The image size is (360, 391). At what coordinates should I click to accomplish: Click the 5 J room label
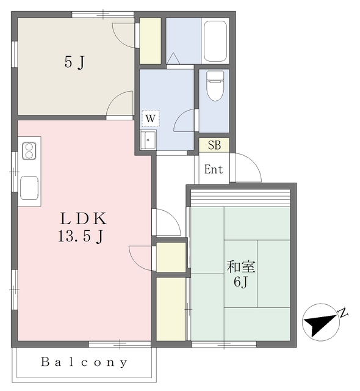74,62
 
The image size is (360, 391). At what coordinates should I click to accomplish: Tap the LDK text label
84,219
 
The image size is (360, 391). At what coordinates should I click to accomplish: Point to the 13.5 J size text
81,236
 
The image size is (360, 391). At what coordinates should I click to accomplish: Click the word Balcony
84,362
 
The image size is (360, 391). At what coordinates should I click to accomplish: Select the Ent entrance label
214,170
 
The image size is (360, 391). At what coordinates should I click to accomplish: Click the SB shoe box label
214,145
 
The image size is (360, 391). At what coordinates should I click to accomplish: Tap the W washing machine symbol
151,119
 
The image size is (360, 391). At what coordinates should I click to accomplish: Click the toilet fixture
215,86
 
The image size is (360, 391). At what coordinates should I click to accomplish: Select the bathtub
215,41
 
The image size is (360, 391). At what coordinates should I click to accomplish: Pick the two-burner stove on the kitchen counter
29,151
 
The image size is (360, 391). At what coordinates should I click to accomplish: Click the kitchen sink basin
29,188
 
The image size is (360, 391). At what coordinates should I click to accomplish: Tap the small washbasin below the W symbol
148,140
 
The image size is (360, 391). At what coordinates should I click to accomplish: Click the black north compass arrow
320,323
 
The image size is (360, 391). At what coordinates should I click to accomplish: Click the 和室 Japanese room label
241,266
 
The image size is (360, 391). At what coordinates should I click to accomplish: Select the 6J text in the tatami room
240,282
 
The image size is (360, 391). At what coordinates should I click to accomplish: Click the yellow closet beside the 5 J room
150,41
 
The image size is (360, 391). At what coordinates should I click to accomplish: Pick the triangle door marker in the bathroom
173,59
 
